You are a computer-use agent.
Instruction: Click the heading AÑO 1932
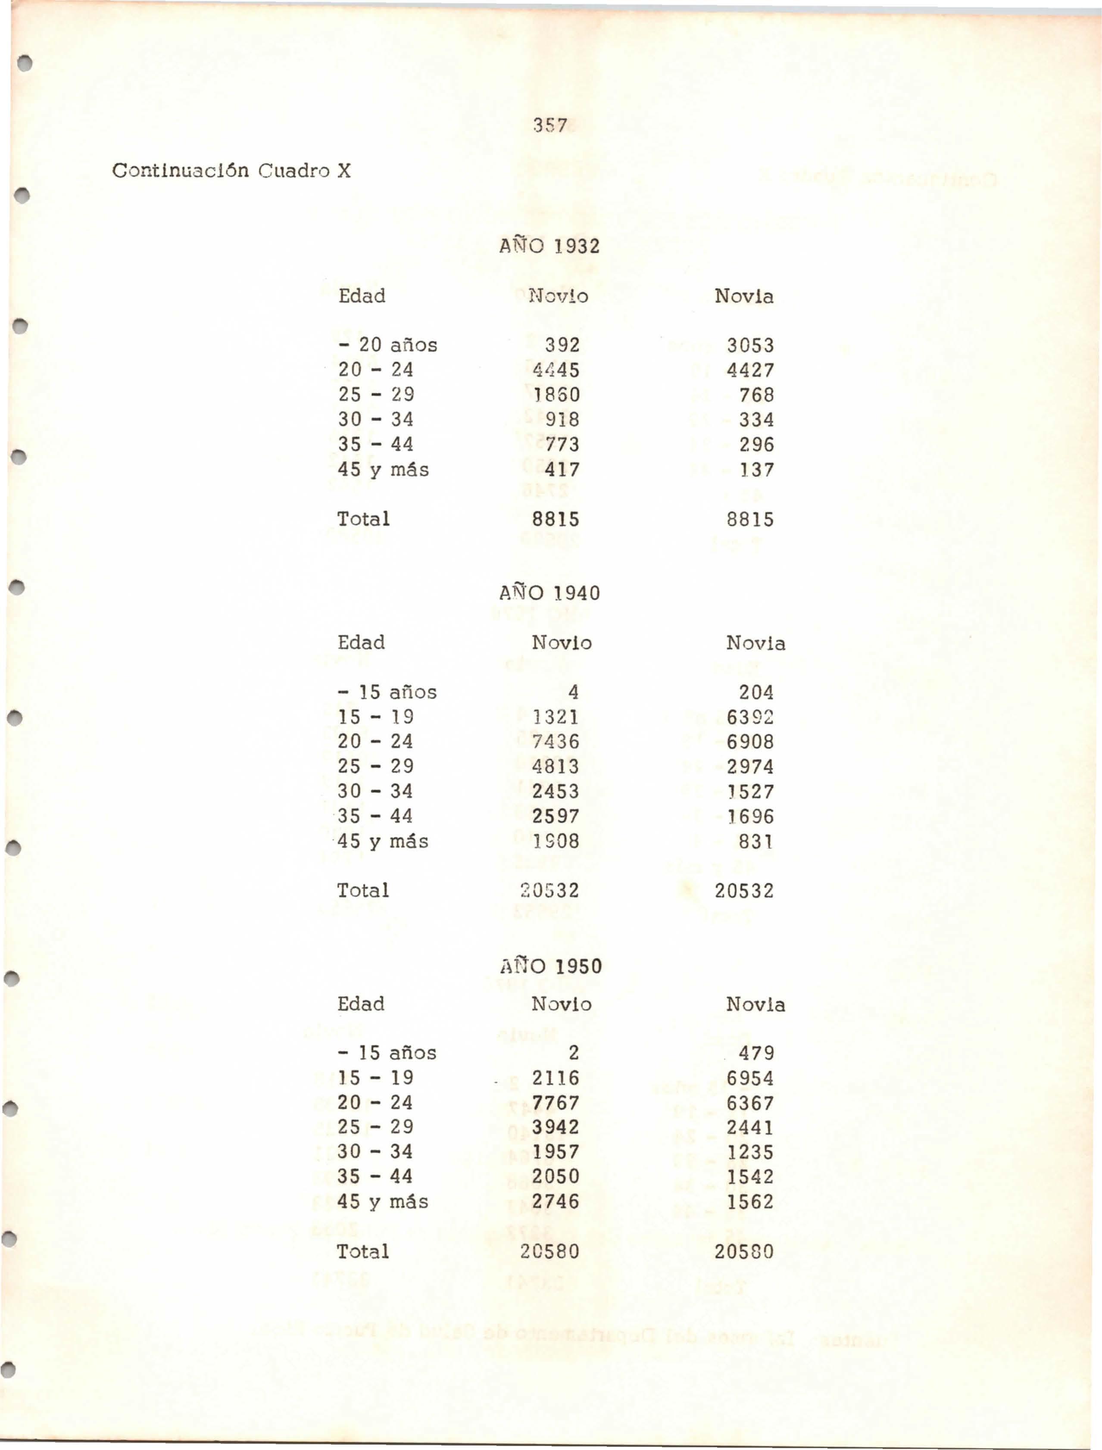pos(549,246)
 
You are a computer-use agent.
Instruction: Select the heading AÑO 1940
pos(549,593)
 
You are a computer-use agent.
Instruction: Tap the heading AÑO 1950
pos(550,967)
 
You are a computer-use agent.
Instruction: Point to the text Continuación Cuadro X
pos(231,171)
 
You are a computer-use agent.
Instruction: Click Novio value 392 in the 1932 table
pos(562,345)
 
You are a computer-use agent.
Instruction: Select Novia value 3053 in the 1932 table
pos(750,346)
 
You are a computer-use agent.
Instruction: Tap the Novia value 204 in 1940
pos(756,692)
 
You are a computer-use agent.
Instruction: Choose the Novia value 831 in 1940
pos(756,842)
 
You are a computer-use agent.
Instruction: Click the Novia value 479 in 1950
pos(756,1053)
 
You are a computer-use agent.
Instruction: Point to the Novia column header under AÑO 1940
pos(755,643)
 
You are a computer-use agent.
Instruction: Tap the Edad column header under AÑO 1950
pos(361,1004)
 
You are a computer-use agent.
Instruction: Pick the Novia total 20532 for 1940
pos(744,891)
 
